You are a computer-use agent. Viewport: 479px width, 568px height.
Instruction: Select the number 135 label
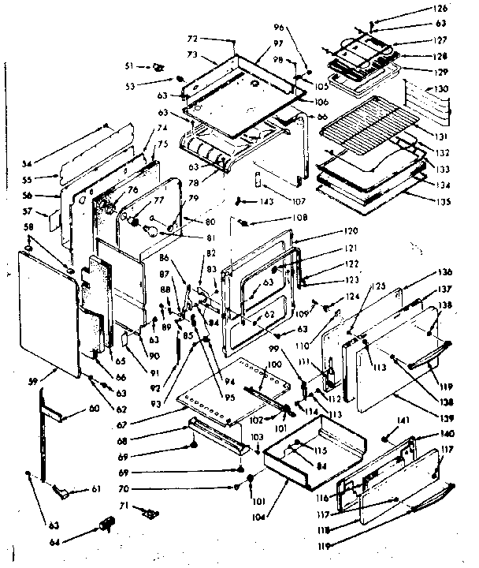pyautogui.click(x=441, y=201)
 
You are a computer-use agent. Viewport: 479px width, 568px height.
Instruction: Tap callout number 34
pyautogui.click(x=28, y=164)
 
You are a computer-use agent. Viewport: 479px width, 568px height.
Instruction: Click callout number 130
pyautogui.click(x=440, y=90)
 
